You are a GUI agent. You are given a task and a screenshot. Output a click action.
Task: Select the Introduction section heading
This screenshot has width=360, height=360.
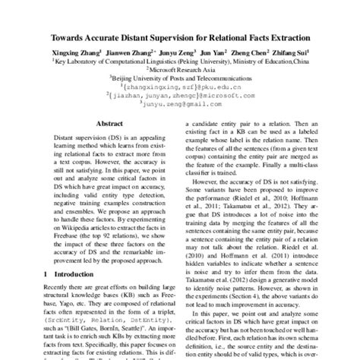pos(72,273)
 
